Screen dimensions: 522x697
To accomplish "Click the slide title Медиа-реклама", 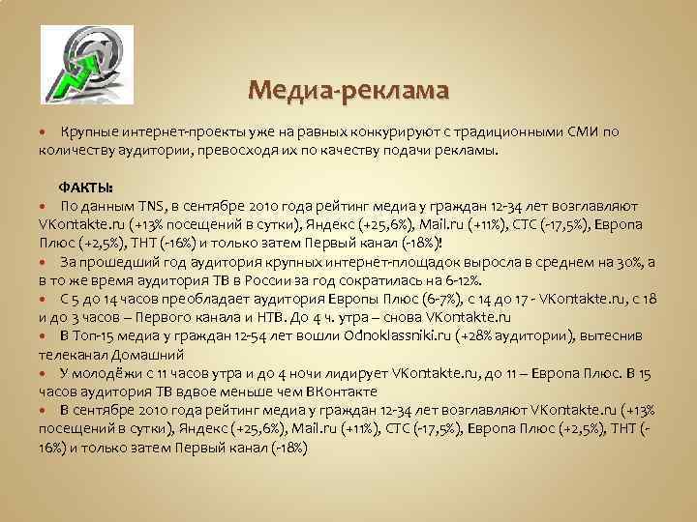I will point(348,91).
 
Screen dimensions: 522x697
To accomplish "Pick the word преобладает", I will point(207,299).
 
